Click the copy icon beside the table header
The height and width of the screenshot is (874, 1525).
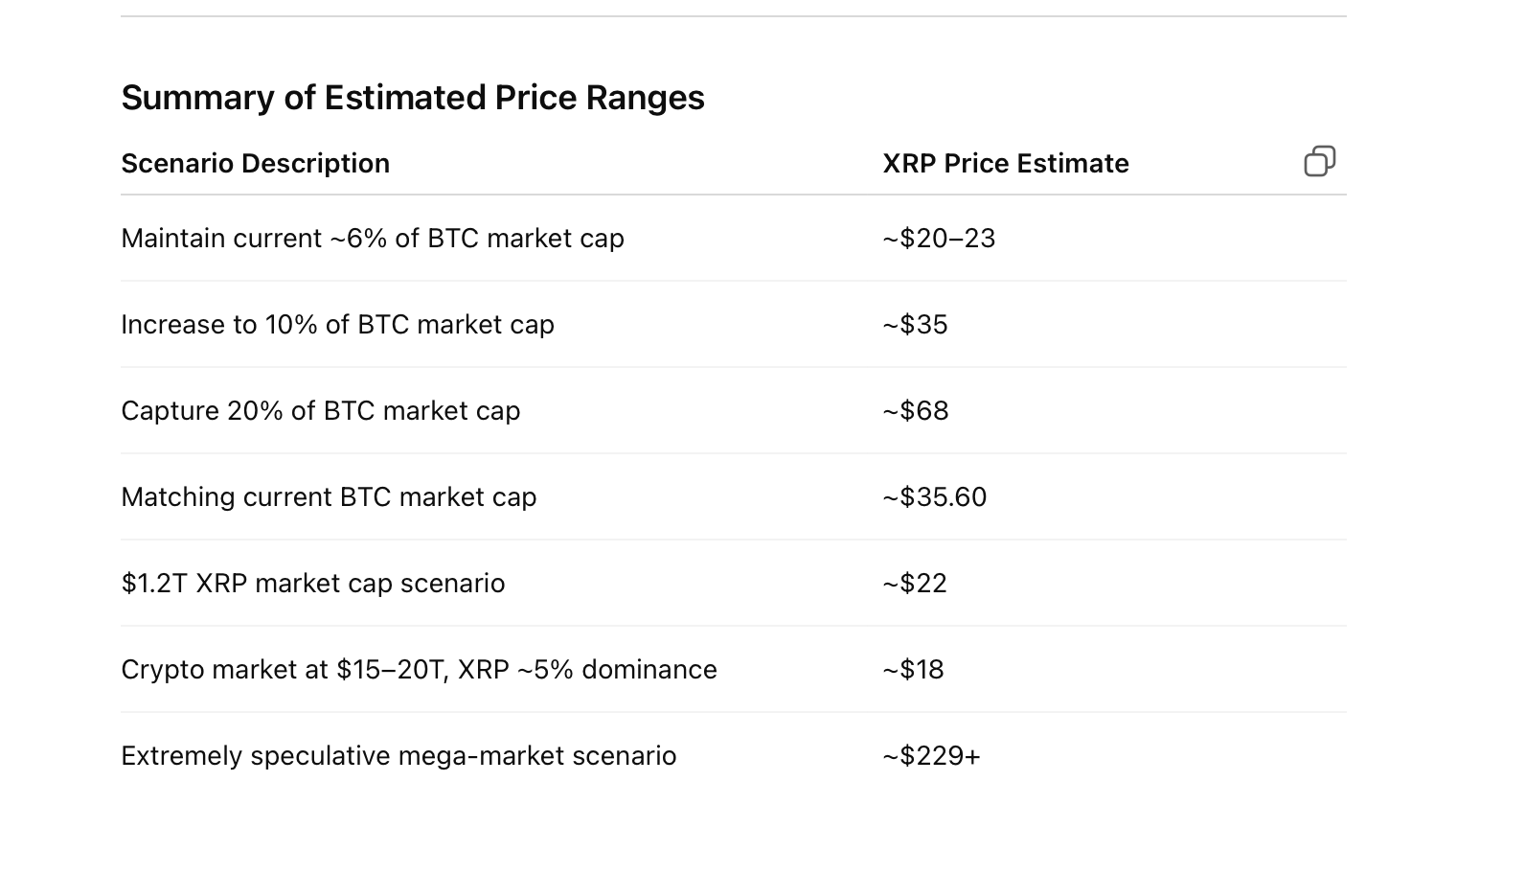(1319, 161)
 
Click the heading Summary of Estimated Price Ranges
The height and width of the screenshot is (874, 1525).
(412, 98)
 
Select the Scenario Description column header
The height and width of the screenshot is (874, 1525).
(255, 164)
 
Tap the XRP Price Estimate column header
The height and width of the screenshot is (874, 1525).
(1005, 164)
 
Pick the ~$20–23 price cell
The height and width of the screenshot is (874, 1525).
(939, 239)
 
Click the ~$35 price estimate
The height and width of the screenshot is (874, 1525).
(915, 325)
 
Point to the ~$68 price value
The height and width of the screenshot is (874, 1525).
(915, 411)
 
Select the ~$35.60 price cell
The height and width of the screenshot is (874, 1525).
(934, 497)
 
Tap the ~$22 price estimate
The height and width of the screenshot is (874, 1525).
(914, 584)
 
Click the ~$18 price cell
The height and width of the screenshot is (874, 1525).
(913, 670)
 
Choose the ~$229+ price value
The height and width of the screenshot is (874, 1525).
(931, 756)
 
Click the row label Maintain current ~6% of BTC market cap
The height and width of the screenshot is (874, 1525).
(372, 239)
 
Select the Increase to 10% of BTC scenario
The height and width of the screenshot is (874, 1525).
(337, 325)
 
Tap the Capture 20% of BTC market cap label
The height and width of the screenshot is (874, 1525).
(320, 411)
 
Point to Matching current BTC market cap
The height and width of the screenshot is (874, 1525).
(329, 497)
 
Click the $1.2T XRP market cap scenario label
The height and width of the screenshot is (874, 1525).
(312, 584)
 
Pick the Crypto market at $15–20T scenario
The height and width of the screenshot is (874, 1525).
(419, 670)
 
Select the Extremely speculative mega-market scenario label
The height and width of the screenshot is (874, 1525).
(398, 756)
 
